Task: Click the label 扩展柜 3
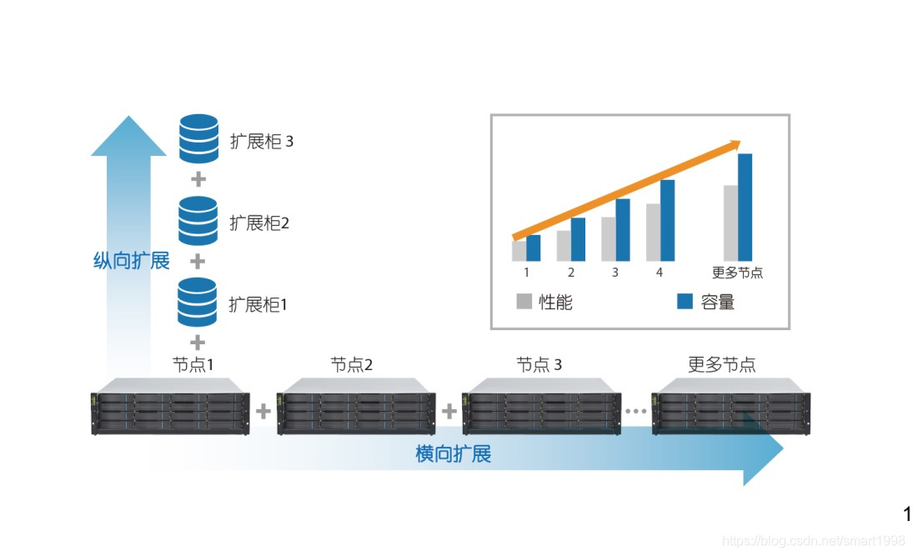[x=262, y=141]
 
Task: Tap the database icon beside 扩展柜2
[x=198, y=220]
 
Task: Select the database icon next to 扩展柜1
[x=198, y=302]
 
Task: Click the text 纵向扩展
[x=131, y=261]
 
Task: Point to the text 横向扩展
[x=453, y=454]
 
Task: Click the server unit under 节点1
[x=170, y=408]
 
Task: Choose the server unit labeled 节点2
[x=356, y=408]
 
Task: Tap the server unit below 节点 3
[x=542, y=408]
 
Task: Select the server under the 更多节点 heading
[x=730, y=408]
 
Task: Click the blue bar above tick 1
[x=534, y=248]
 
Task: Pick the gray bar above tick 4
[x=653, y=232]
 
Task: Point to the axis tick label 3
[x=615, y=272]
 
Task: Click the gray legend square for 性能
[x=524, y=302]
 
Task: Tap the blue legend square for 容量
[x=685, y=302]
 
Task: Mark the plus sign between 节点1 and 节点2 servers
[x=263, y=411]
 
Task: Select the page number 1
[x=907, y=513]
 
